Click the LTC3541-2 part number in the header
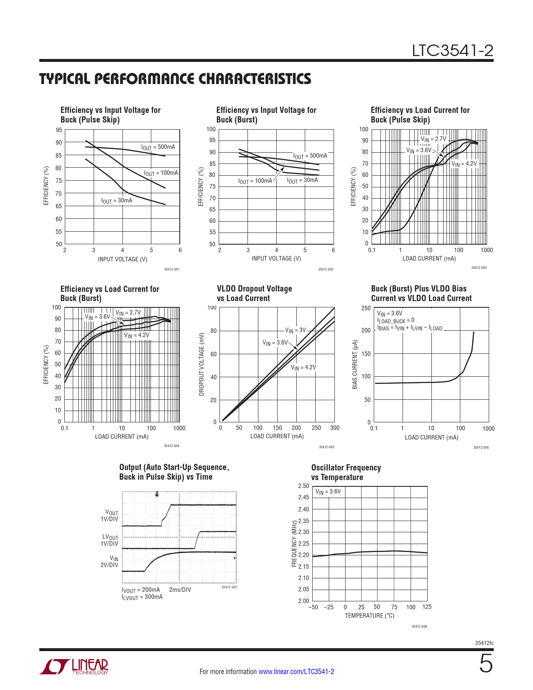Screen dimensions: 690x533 452,51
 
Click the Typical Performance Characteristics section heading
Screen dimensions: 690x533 175,79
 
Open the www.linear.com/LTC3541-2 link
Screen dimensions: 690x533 296,672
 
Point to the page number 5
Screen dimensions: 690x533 486,664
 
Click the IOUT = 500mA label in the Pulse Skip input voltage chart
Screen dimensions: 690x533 158,147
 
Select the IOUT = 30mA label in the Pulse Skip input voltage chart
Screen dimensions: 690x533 117,201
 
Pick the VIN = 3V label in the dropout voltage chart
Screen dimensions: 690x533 296,330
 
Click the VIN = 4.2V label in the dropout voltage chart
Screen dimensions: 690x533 303,368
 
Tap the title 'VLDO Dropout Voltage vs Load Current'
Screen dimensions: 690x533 254,293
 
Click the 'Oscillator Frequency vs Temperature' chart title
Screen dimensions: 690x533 346,472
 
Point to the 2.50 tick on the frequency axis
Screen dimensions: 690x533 303,486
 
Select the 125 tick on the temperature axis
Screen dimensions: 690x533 427,607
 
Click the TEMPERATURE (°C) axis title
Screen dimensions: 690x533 370,616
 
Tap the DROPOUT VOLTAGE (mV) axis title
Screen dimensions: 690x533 201,364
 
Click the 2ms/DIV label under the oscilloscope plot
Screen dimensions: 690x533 180,590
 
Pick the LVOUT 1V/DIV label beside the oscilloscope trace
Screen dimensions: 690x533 110,540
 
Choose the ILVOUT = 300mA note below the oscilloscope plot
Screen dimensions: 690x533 142,597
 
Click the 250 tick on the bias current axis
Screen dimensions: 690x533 366,308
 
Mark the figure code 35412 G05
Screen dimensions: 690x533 326,447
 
